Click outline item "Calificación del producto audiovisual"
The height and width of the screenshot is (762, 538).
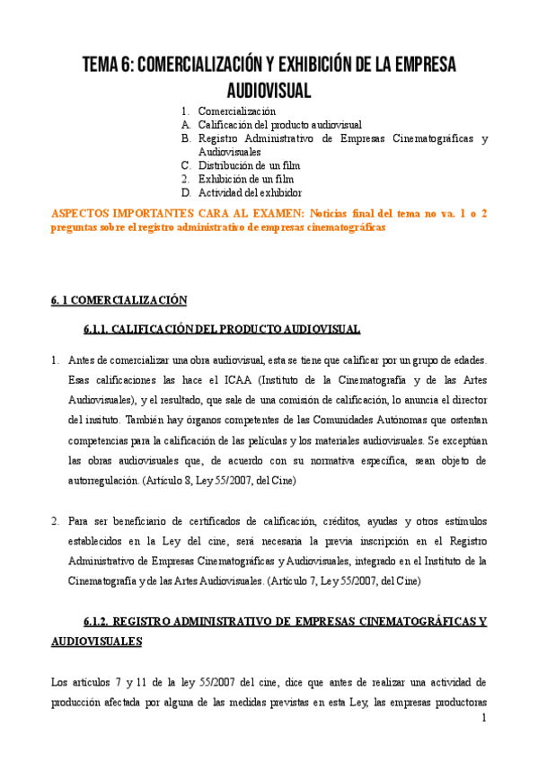point(279,125)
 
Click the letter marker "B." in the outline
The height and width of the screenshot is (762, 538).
point(186,138)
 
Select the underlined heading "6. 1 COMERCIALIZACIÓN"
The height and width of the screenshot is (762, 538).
point(118,299)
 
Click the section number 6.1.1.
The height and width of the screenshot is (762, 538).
point(100,329)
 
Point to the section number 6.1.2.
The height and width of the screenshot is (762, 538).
point(100,621)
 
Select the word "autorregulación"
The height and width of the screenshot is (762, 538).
point(103,481)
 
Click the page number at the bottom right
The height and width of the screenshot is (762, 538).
point(483,718)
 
